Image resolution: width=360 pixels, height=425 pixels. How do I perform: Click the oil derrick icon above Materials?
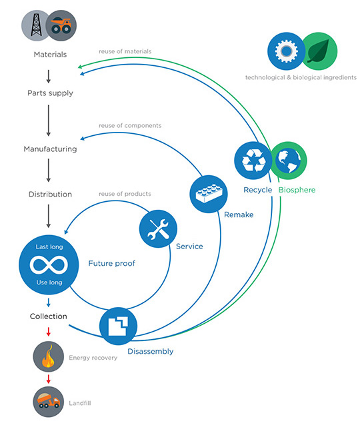36,25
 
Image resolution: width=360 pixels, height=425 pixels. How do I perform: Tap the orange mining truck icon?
61,25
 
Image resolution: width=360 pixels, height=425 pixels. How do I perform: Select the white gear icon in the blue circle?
286,51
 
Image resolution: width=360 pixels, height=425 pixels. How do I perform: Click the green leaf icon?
319,51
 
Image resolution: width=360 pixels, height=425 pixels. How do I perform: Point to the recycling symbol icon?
253,161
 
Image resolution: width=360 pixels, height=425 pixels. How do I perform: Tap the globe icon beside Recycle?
288,161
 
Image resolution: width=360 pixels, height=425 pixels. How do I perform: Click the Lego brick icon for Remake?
209,194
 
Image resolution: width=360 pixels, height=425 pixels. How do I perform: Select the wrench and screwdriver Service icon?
158,229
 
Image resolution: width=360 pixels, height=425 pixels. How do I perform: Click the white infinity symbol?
49,264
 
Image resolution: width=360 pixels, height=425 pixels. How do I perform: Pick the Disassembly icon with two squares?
118,326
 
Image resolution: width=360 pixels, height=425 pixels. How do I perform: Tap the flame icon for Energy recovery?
48,356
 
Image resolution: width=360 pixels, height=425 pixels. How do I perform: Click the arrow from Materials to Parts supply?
49,77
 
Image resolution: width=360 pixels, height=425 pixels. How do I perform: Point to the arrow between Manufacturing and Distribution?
49,171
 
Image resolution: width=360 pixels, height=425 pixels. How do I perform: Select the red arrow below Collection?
49,332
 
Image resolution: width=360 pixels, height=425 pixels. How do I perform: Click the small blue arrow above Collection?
49,302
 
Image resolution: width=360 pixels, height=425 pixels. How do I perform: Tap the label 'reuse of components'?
130,125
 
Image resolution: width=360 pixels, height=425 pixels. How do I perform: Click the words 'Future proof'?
112,263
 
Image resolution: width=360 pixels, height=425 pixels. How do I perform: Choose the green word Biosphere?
297,190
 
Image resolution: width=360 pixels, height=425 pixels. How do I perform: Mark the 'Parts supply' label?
50,93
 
